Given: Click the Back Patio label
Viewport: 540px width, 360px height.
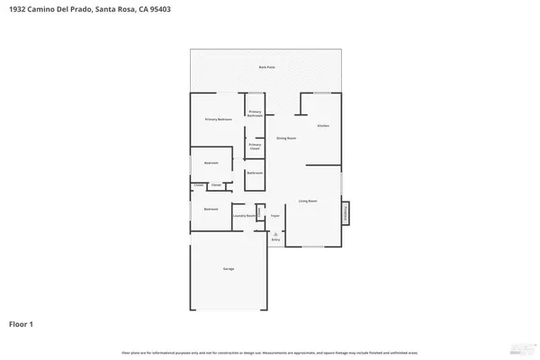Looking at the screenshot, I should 267,67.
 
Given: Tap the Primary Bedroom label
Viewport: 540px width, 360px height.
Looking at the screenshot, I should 218,119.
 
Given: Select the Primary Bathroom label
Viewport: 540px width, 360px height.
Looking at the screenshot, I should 255,113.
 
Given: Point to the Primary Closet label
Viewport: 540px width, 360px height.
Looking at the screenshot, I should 255,146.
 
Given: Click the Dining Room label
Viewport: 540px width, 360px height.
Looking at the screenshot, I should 286,139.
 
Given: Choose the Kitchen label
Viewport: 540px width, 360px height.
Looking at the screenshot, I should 323,125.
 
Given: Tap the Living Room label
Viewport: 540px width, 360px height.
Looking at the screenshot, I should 309,202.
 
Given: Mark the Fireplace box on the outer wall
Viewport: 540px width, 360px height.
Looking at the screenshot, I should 346,213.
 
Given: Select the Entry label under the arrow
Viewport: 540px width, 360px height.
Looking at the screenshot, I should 276,240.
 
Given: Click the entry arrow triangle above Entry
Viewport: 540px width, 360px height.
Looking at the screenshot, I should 276,233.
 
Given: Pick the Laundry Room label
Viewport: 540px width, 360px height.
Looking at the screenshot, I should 244,216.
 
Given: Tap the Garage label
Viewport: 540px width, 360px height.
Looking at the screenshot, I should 229,269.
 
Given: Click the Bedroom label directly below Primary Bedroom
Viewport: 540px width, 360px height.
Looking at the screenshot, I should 211,163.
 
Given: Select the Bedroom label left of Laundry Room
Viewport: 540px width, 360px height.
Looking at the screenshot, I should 210,209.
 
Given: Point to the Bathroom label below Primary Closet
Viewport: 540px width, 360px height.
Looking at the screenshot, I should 255,173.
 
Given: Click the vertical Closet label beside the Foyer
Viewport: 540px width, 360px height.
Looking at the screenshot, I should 259,212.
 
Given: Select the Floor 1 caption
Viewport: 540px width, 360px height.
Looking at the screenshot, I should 22,323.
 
